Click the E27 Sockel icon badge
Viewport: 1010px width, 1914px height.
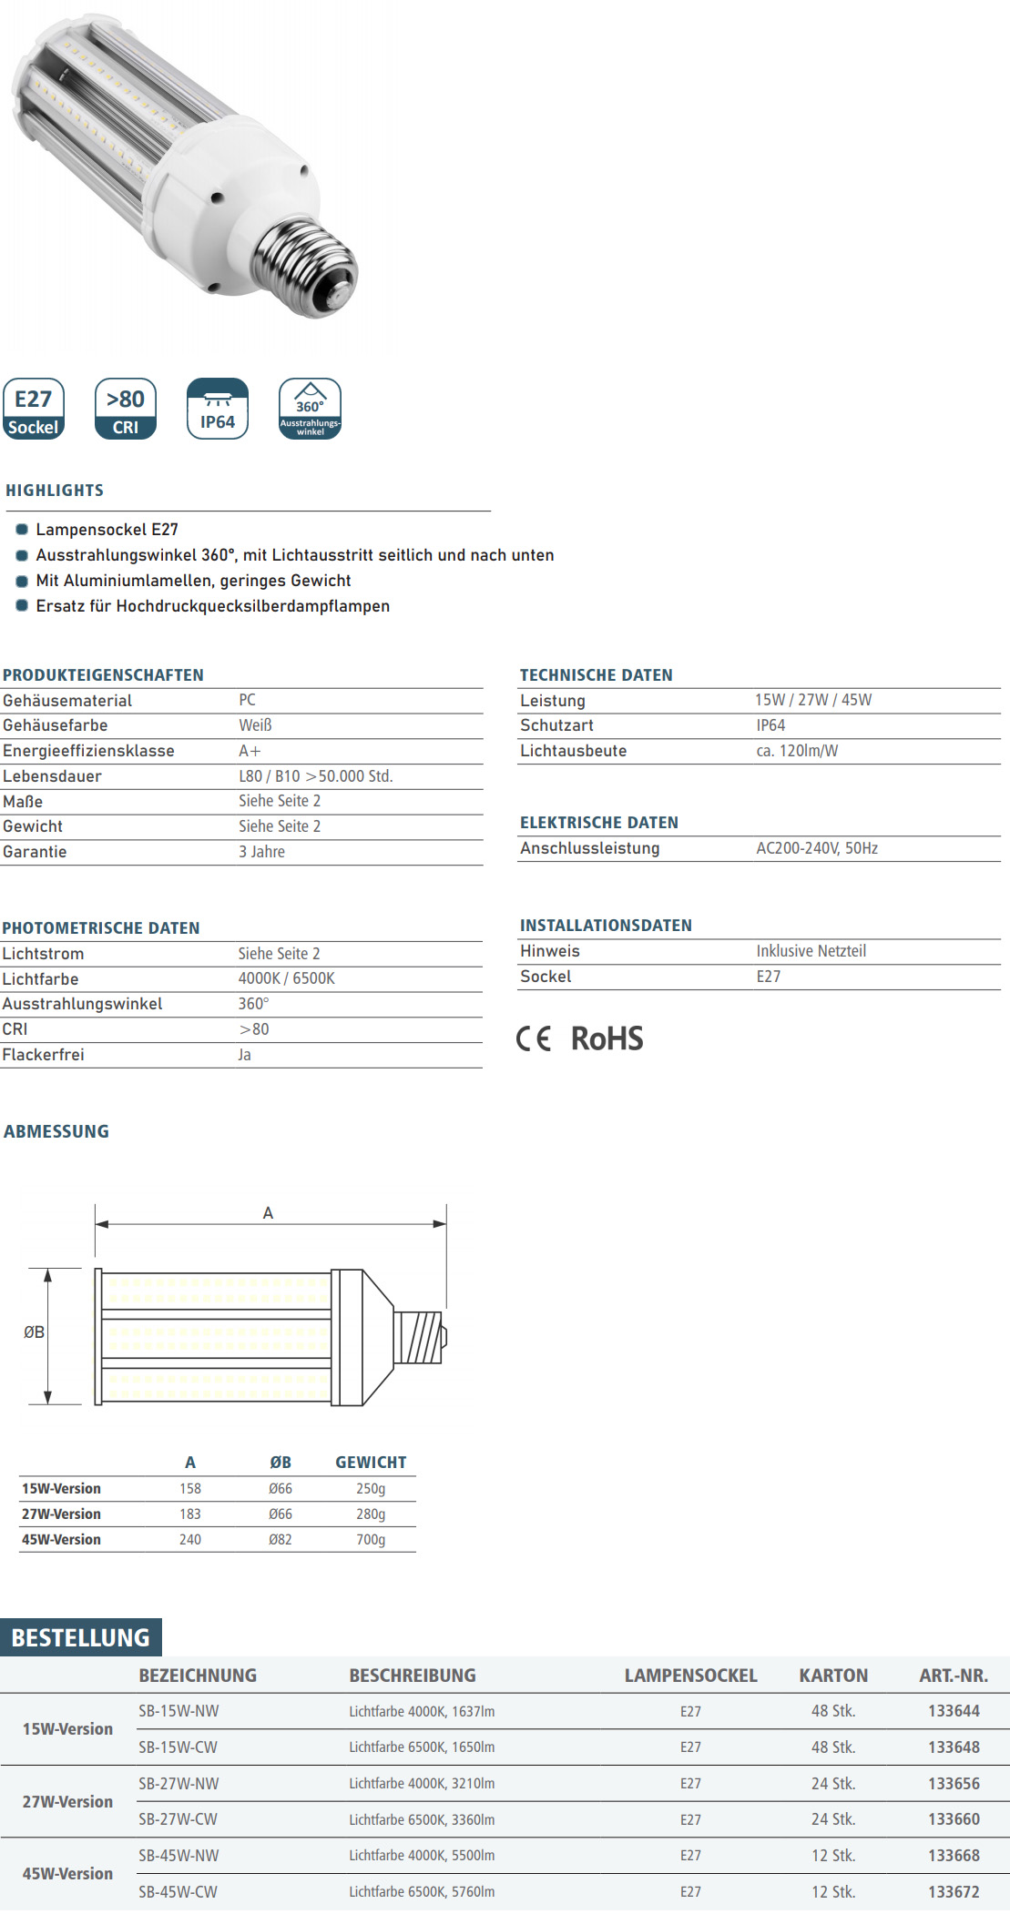(x=34, y=409)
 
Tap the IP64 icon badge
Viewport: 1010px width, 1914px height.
(x=217, y=409)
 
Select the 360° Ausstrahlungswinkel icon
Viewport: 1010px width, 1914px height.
(x=310, y=409)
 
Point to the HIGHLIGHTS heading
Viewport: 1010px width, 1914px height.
(x=55, y=491)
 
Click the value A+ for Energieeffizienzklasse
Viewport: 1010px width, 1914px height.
(x=250, y=751)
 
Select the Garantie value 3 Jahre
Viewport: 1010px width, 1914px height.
(x=261, y=852)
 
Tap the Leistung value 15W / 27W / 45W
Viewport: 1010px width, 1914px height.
(x=812, y=700)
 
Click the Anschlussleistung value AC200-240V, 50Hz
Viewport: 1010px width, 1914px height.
(x=816, y=848)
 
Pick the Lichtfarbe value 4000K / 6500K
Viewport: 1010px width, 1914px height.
(x=286, y=978)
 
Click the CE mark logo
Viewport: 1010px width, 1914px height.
(x=534, y=1038)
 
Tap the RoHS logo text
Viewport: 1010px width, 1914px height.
(x=607, y=1038)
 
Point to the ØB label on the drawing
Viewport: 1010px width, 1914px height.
(x=34, y=1332)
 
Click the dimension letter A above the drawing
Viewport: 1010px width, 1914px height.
(x=268, y=1213)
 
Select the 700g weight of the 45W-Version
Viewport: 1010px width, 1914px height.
(x=371, y=1539)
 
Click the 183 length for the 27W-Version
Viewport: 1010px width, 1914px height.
(x=190, y=1514)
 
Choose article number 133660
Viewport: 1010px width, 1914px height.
(x=954, y=1819)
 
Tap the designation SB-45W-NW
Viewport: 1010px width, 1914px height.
(x=179, y=1855)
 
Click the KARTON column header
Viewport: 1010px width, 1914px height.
(x=833, y=1676)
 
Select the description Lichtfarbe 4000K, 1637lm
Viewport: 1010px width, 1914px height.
(x=422, y=1711)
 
